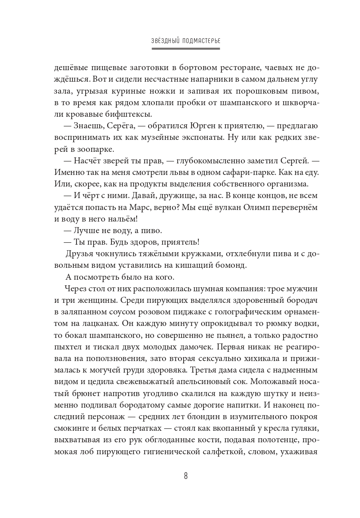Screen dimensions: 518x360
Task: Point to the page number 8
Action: pyautogui.click(x=186, y=476)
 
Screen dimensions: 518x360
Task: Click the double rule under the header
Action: pyautogui.click(x=186, y=49)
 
